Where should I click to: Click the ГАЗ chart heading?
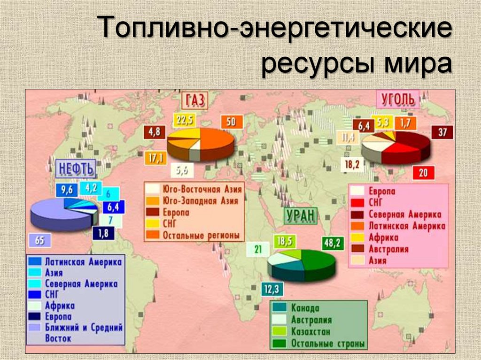[x=195, y=100]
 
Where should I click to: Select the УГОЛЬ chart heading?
[x=397, y=99]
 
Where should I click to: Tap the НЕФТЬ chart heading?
[x=75, y=168]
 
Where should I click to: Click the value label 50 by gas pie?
[x=231, y=122]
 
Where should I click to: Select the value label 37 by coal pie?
[x=442, y=132]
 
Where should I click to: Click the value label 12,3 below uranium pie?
[x=271, y=289]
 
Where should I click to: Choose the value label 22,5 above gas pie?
[x=184, y=121]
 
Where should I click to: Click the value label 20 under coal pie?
[x=423, y=173]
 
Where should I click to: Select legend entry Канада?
[x=305, y=308]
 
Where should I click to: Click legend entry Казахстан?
[x=310, y=332]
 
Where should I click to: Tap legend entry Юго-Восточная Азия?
[x=202, y=190]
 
